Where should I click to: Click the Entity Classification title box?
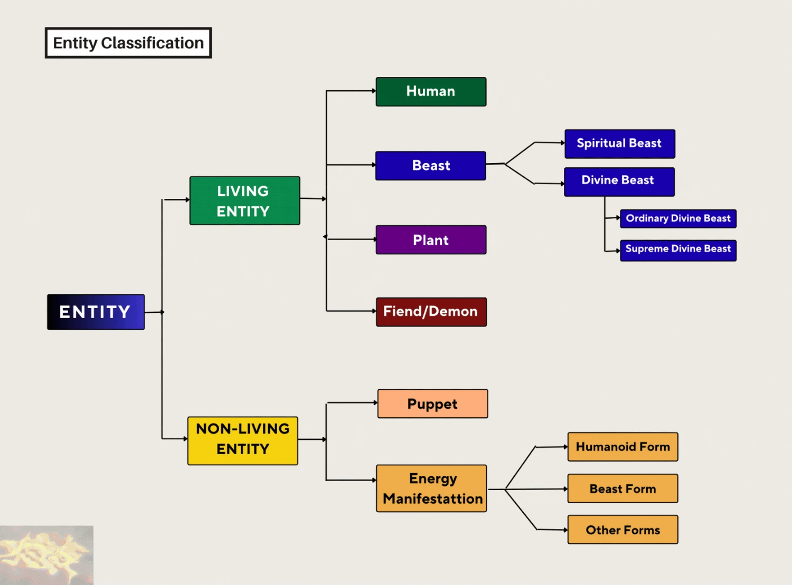click(x=128, y=43)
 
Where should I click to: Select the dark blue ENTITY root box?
click(x=96, y=312)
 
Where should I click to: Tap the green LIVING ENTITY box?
click(x=244, y=200)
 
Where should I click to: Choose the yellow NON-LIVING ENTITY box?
click(x=243, y=440)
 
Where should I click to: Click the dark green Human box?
click(x=431, y=92)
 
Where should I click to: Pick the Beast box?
click(x=431, y=166)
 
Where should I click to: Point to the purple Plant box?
click(x=431, y=239)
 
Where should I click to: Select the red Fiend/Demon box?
click(x=431, y=312)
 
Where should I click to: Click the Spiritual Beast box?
click(x=620, y=144)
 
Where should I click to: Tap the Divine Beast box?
click(x=619, y=182)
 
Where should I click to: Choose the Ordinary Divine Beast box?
click(x=678, y=219)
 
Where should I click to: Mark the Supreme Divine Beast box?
click(x=678, y=251)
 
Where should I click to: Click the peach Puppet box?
click(x=433, y=404)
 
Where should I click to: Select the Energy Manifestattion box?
click(x=431, y=488)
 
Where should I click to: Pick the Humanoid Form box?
click(x=623, y=447)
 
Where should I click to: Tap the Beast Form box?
click(x=623, y=488)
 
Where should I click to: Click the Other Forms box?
click(x=623, y=530)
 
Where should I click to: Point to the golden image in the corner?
click(x=46, y=555)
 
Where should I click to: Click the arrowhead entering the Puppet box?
click(x=375, y=402)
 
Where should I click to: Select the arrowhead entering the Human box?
click(x=374, y=91)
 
